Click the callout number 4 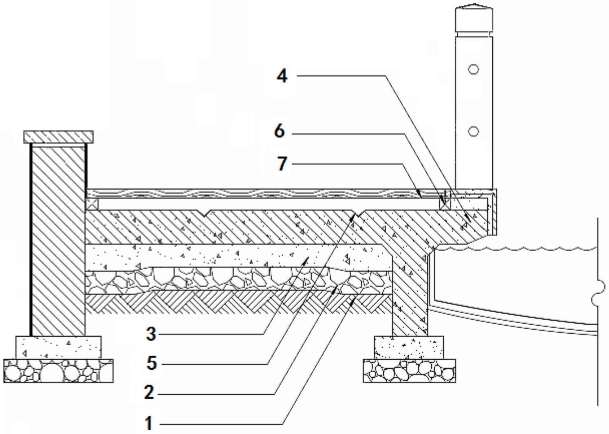coord(282,76)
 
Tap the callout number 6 coord(280,131)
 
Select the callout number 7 coord(282,164)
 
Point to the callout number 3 coord(151,334)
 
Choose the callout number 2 coord(149,393)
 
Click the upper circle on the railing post coord(473,69)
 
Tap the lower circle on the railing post coord(473,132)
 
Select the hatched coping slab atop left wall coord(58,137)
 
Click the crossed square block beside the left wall coord(92,204)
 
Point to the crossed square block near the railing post coord(445,204)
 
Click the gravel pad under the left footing coord(58,371)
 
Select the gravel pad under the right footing coord(409,371)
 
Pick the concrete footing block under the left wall coord(58,348)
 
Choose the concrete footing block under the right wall coord(409,348)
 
